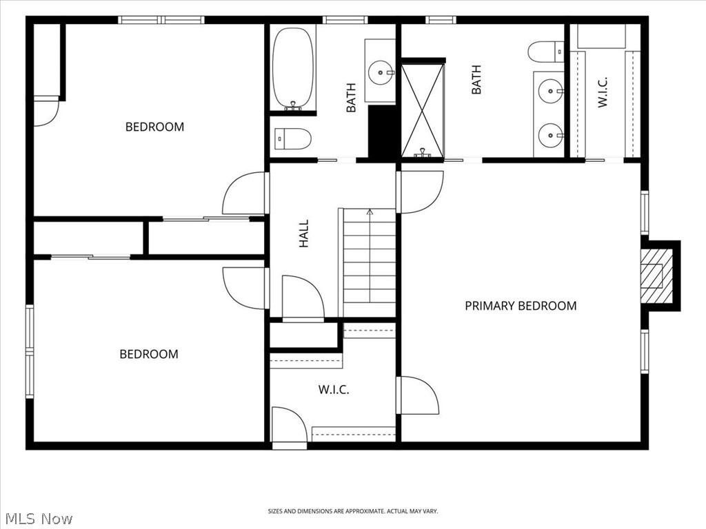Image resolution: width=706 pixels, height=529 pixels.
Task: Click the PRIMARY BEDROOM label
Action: (521, 306)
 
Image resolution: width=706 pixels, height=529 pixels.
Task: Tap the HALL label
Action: (304, 234)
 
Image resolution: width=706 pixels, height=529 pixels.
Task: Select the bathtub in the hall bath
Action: (293, 68)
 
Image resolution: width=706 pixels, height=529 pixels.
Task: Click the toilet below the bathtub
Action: (292, 138)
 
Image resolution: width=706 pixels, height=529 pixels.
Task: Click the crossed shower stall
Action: (423, 111)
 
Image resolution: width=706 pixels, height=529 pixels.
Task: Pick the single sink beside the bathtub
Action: (381, 72)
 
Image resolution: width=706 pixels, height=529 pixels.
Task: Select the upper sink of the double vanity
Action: (551, 91)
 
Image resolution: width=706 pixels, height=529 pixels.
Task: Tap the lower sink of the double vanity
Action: (551, 134)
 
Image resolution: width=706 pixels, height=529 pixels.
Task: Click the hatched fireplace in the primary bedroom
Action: (657, 276)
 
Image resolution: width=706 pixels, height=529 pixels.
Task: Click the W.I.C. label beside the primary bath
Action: (603, 92)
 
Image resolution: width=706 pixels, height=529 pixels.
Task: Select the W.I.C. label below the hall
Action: (334, 390)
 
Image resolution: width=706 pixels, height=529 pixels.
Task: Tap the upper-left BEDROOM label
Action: (154, 127)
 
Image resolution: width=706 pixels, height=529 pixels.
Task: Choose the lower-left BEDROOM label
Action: (149, 354)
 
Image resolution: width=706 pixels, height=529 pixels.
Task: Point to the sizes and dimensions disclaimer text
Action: (353, 511)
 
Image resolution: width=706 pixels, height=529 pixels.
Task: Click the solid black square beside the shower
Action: (382, 132)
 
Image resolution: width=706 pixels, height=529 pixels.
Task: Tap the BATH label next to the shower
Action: (476, 80)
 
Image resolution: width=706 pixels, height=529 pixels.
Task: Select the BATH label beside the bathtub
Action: (351, 98)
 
